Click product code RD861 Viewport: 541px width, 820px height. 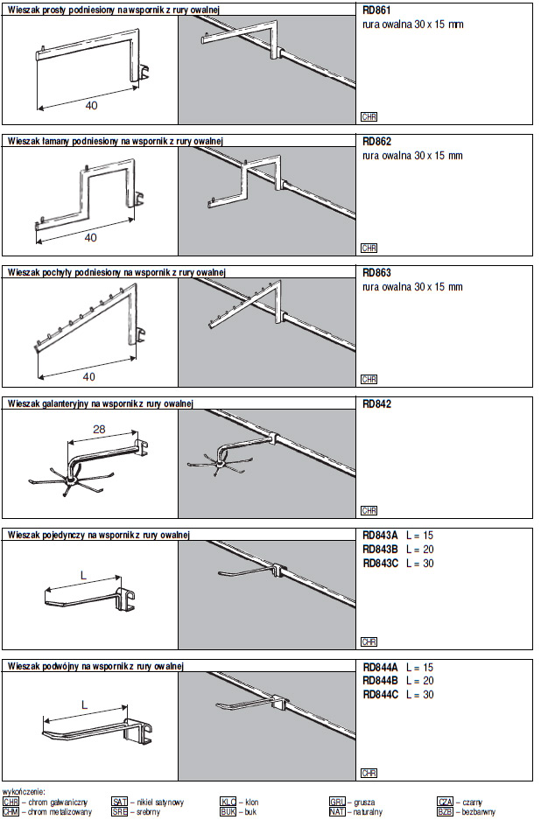pos(376,10)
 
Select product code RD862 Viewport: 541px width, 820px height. pos(376,141)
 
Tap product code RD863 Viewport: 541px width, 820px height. pos(376,272)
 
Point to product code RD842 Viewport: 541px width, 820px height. pos(376,404)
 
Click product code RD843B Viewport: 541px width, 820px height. pos(380,549)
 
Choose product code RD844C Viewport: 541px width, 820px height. pos(380,695)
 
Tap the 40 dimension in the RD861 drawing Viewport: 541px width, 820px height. pos(91,105)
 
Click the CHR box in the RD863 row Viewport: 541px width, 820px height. pos(369,380)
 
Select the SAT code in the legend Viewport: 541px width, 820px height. pos(119,802)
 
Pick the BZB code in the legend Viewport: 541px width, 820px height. pos(445,812)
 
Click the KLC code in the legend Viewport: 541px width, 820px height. pos(228,802)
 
